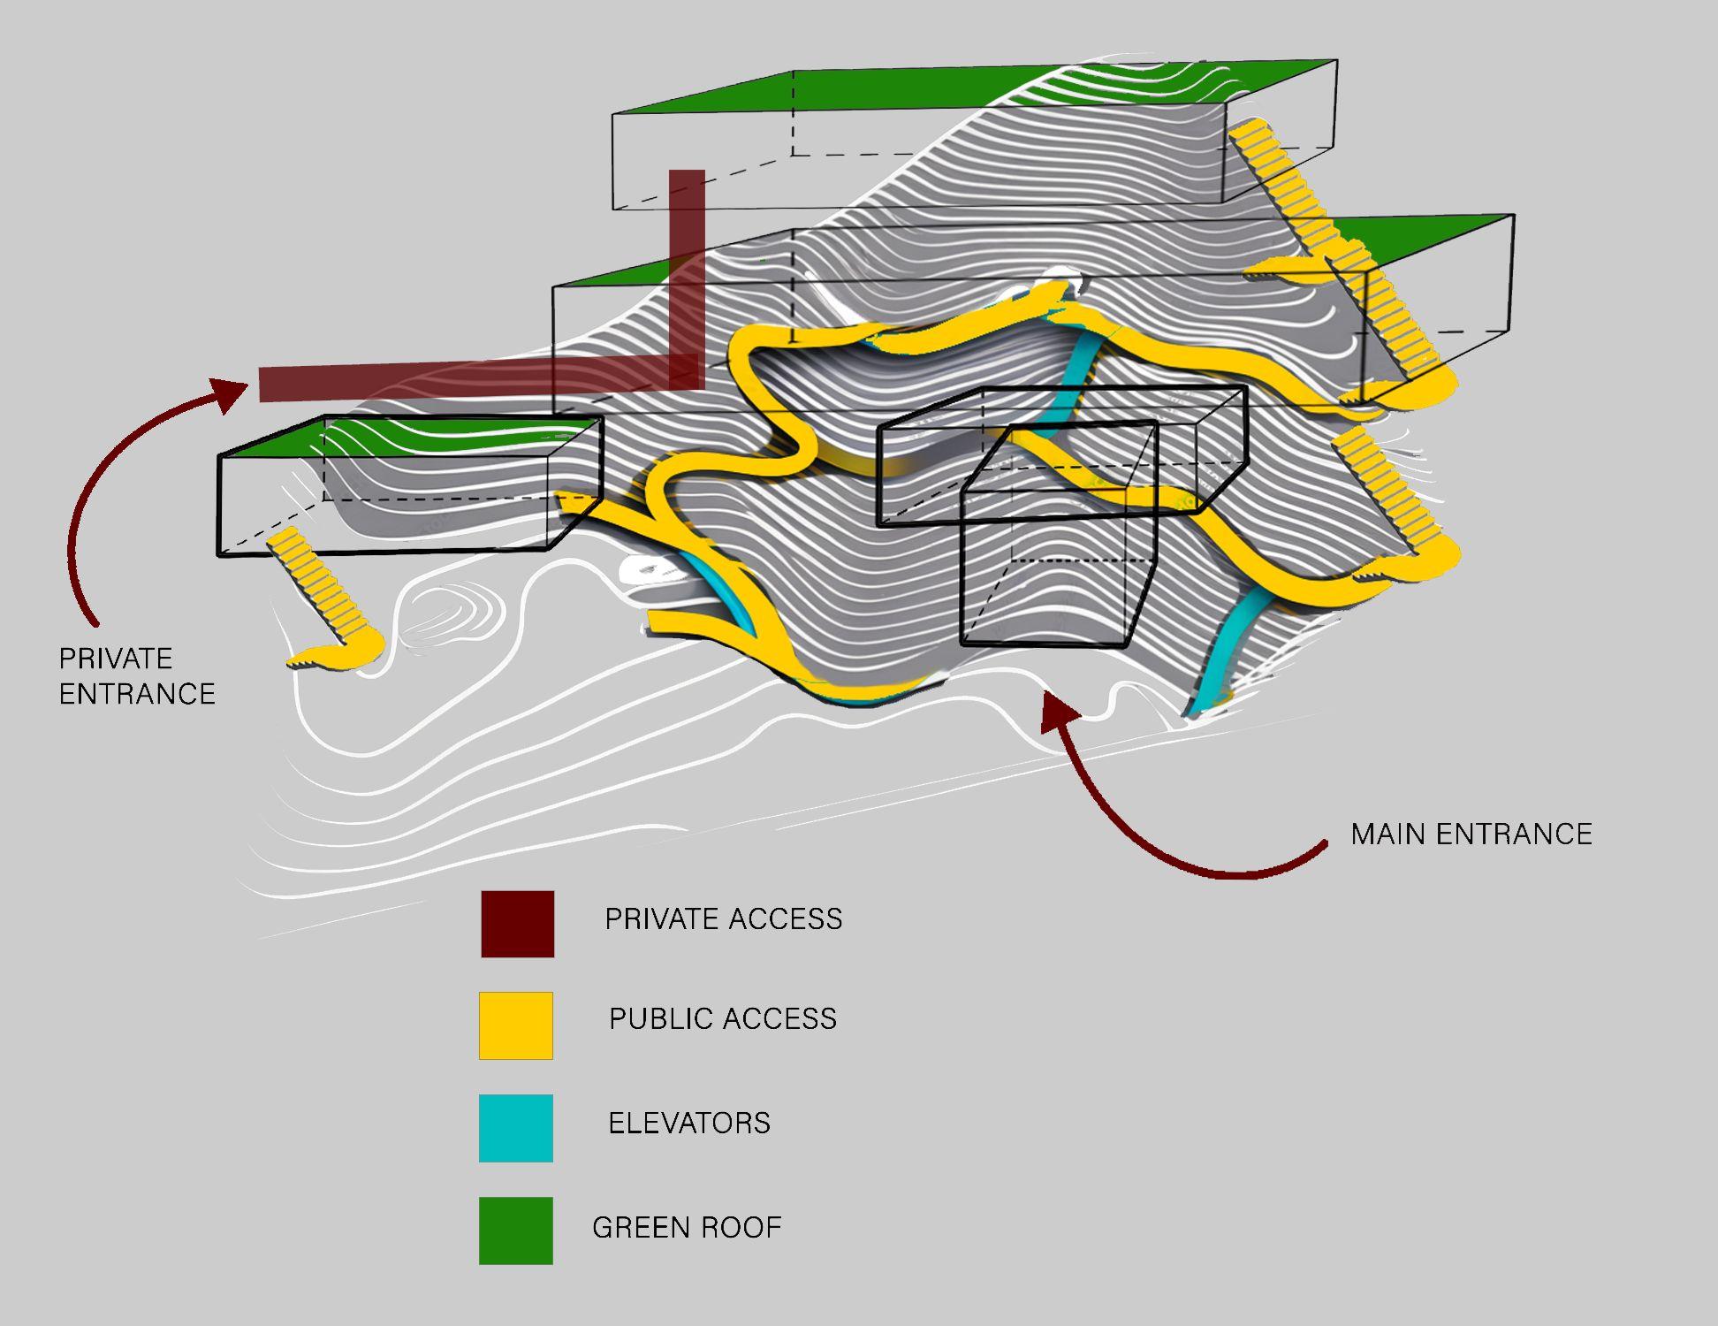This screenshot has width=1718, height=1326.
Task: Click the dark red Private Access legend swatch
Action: [517, 924]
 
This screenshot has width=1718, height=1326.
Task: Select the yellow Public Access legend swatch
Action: [516, 1025]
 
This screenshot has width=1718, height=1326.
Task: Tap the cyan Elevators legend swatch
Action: [516, 1128]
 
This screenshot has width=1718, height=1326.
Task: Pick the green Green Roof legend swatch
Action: [516, 1231]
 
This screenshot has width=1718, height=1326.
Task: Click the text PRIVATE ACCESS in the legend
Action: [723, 919]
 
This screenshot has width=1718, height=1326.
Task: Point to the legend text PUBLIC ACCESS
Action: [723, 1019]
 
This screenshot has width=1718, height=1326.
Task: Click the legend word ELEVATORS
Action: [689, 1124]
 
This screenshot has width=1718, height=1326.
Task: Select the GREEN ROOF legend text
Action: [687, 1228]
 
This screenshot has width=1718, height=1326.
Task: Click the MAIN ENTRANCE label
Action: [1471, 834]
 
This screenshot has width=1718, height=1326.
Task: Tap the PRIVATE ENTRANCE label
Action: [137, 676]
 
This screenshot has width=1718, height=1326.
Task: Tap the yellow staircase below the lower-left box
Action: [323, 592]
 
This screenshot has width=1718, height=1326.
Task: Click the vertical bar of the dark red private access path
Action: [687, 265]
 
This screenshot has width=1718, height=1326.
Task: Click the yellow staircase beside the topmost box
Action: [1281, 177]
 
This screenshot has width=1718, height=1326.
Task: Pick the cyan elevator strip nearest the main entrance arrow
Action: [1233, 645]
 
